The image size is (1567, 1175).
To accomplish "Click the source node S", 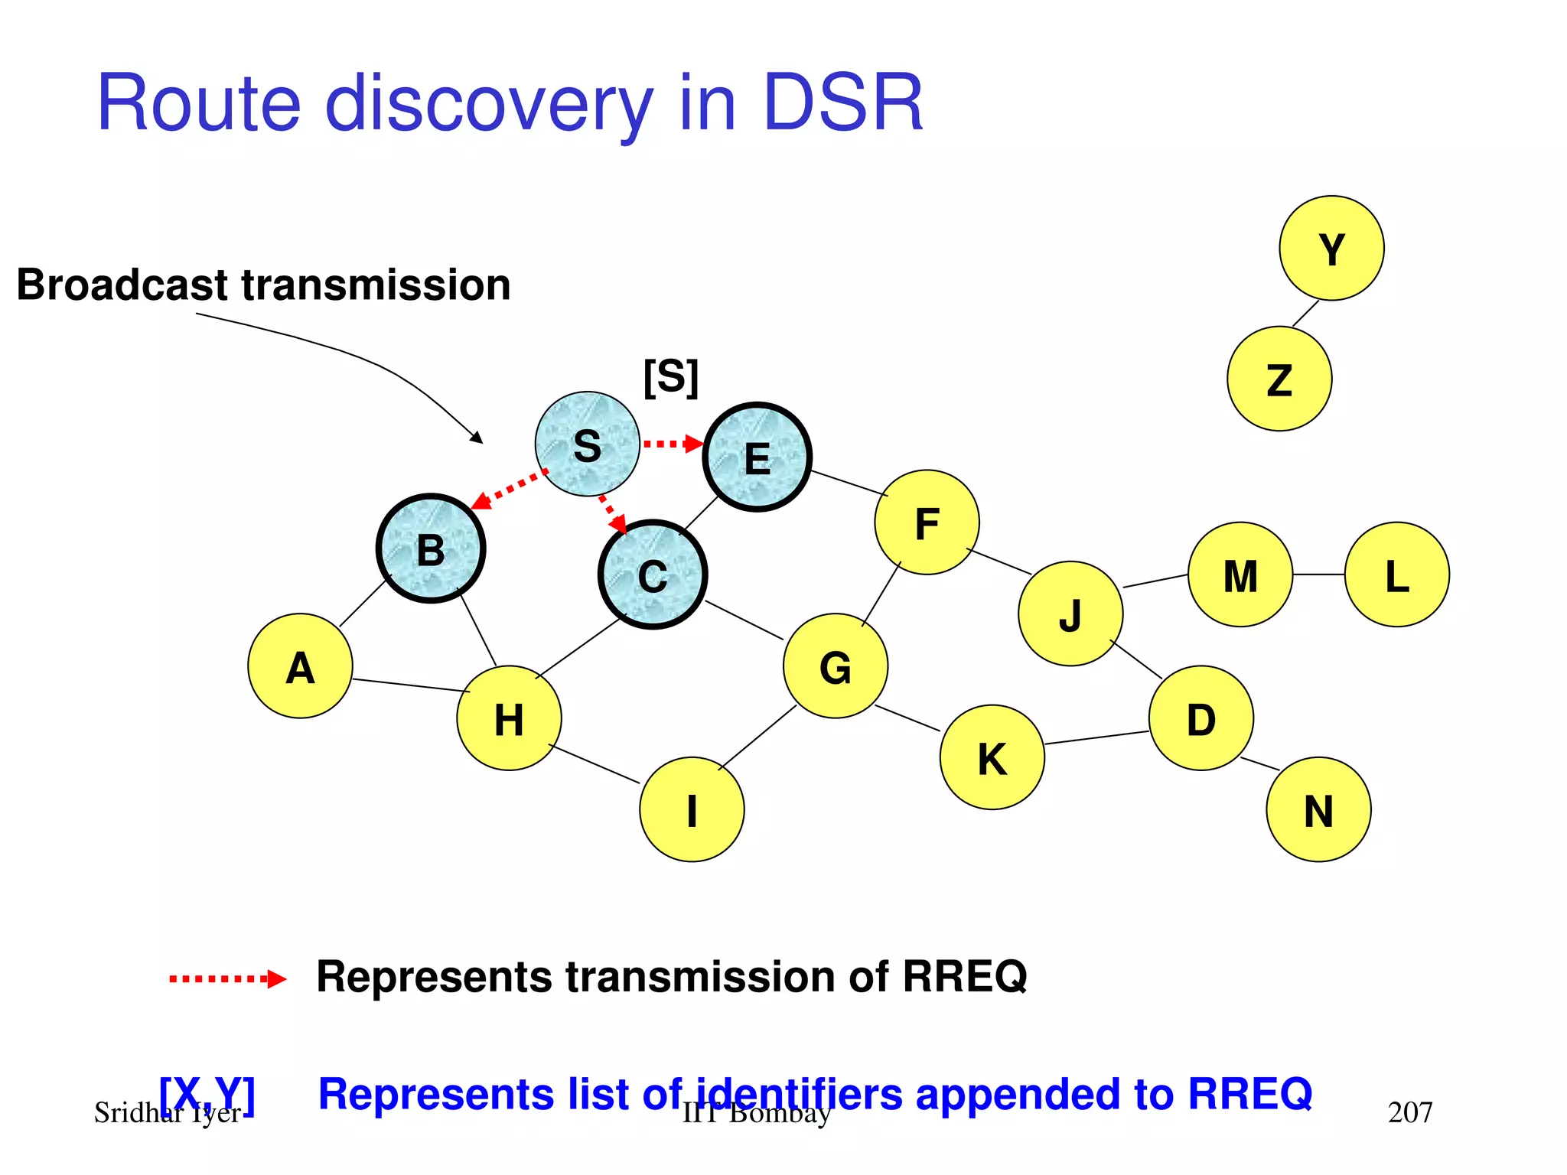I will point(587,444).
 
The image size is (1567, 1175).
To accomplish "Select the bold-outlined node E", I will point(757,457).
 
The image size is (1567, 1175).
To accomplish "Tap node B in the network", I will point(431,548).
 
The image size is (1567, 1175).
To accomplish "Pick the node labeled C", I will point(653,574).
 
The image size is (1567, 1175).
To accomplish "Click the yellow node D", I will point(1200,718).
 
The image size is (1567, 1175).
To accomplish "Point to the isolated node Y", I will point(1331,248).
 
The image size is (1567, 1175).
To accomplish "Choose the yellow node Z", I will point(1279,379).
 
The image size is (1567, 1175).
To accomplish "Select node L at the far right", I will point(1396,574).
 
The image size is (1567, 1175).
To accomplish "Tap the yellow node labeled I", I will point(692,809).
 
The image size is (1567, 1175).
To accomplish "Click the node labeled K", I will point(992,757).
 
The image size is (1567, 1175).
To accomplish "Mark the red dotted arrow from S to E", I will point(672,444).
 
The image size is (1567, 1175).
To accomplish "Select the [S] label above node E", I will point(671,376).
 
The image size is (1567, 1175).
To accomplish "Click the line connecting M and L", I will point(1318,574).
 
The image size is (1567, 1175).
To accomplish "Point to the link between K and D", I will point(1096,737).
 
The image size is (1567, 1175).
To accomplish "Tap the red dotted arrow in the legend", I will point(227,978).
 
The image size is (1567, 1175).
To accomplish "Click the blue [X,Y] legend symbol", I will point(207,1093).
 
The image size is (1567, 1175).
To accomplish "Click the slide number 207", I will point(1409,1112).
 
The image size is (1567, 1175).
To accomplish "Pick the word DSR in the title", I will point(843,103).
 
